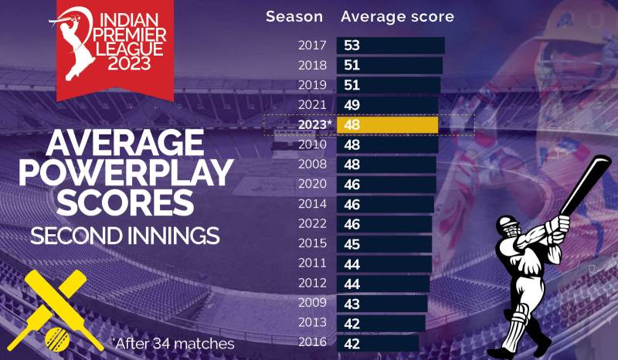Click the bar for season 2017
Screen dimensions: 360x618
click(x=390, y=46)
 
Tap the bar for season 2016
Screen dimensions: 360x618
click(x=378, y=342)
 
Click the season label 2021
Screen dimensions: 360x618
click(x=313, y=104)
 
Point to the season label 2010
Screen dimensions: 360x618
click(x=313, y=144)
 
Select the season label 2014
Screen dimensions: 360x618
click(x=313, y=204)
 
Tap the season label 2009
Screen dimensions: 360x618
click(x=313, y=303)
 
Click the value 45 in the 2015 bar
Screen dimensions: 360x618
click(x=351, y=243)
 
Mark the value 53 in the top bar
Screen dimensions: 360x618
click(x=351, y=46)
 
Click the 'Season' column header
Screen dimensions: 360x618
click(x=294, y=16)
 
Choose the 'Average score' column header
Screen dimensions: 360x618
click(x=397, y=16)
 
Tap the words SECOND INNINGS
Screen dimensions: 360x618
click(x=125, y=235)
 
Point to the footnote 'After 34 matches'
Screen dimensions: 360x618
click(x=173, y=342)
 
